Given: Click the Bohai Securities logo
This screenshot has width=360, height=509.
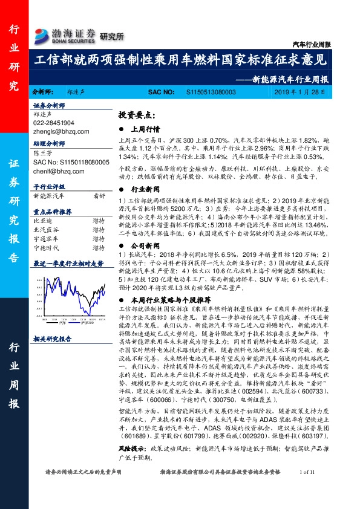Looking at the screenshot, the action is (x=65, y=34).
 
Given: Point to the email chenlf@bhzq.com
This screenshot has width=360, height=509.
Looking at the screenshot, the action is (x=57, y=170).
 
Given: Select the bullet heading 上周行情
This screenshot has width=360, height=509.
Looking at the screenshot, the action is (x=145, y=129).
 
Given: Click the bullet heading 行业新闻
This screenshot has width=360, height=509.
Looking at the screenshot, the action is (x=145, y=188).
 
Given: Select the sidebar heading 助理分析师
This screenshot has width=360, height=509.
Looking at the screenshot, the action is (x=48, y=145).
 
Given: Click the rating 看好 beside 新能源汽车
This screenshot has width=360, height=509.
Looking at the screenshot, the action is (x=99, y=196).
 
